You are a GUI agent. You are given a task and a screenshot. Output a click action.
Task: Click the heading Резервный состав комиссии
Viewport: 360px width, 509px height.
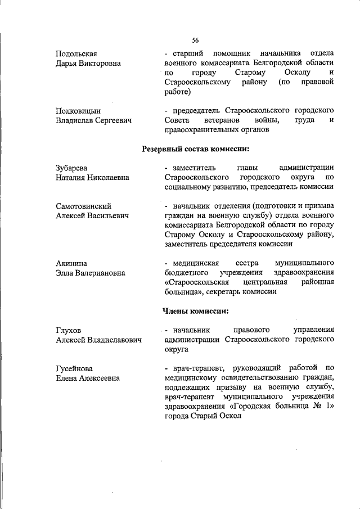pos(195,148)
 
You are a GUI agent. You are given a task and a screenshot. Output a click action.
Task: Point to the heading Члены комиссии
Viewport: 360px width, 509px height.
pos(195,310)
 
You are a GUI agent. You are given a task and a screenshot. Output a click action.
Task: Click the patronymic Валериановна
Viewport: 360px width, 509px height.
pos(105,273)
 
